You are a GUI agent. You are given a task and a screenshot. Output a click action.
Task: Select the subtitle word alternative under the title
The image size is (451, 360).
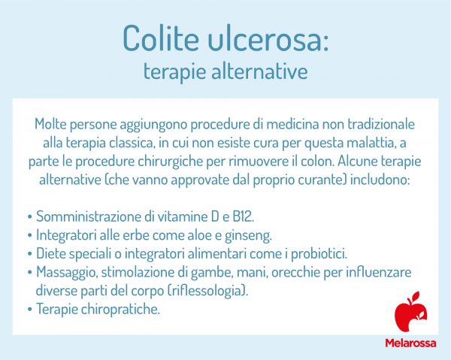pos(259,72)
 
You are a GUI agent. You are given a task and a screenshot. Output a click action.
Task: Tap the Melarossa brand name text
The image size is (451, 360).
pos(411,344)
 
